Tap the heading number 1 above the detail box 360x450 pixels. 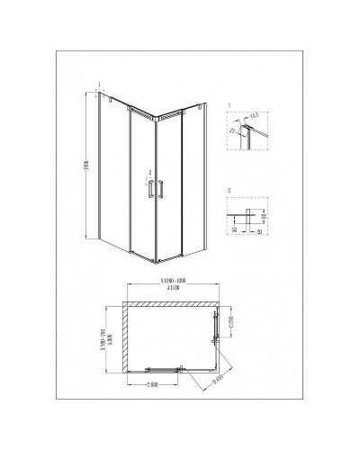pos(230,105)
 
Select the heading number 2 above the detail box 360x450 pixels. pos(230,191)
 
